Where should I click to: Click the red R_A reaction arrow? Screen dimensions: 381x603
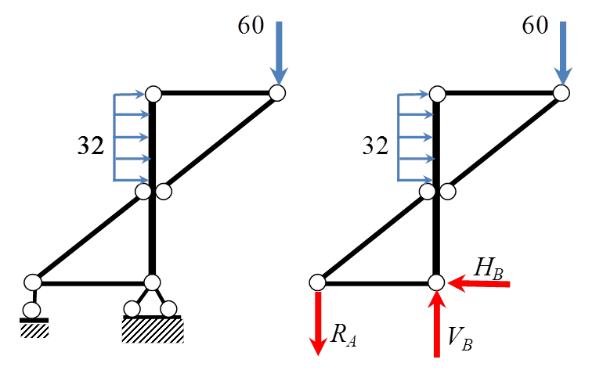318,322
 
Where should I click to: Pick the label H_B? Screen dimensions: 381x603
488,268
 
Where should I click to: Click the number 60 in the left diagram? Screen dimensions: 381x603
251,26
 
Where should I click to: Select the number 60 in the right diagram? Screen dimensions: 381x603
535,26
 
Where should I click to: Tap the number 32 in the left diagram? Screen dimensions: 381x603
91,146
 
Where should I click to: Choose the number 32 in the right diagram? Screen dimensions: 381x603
375,146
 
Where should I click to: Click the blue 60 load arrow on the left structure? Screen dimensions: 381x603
278,50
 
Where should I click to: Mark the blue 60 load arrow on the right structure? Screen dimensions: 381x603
562,50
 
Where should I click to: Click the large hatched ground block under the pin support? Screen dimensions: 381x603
153,330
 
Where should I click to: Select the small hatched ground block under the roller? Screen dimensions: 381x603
34,330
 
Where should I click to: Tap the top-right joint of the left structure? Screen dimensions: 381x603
277,93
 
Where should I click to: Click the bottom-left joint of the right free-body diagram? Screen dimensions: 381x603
317,282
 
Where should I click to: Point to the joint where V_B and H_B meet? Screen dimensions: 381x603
436,282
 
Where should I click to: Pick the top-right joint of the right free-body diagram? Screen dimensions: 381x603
561,93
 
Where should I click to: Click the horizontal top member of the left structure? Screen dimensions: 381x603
215,93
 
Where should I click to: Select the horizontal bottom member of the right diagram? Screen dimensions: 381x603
377,282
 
